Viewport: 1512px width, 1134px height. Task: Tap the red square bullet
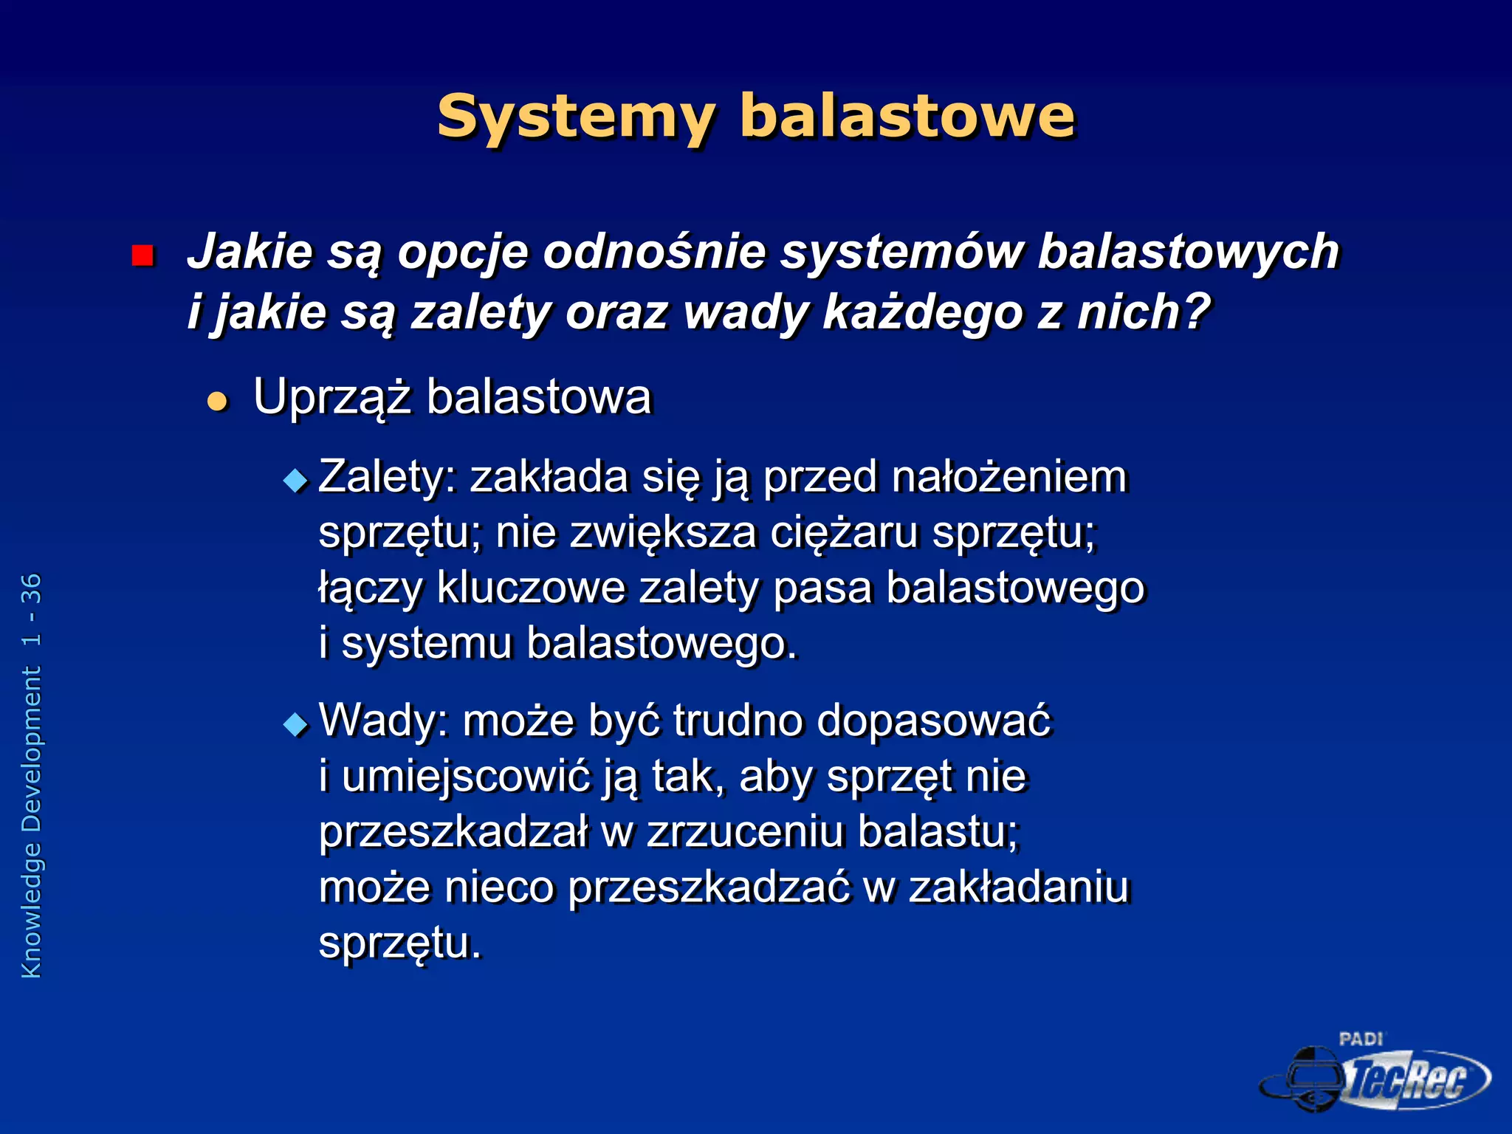[142, 255]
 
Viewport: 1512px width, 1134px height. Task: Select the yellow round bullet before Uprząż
[217, 402]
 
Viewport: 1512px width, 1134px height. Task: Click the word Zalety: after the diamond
[388, 477]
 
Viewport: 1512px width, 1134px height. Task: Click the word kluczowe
[531, 588]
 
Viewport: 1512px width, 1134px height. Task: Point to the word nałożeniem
[1009, 477]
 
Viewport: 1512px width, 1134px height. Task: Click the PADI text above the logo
[1361, 1039]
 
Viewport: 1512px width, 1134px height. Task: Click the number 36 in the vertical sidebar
[32, 588]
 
